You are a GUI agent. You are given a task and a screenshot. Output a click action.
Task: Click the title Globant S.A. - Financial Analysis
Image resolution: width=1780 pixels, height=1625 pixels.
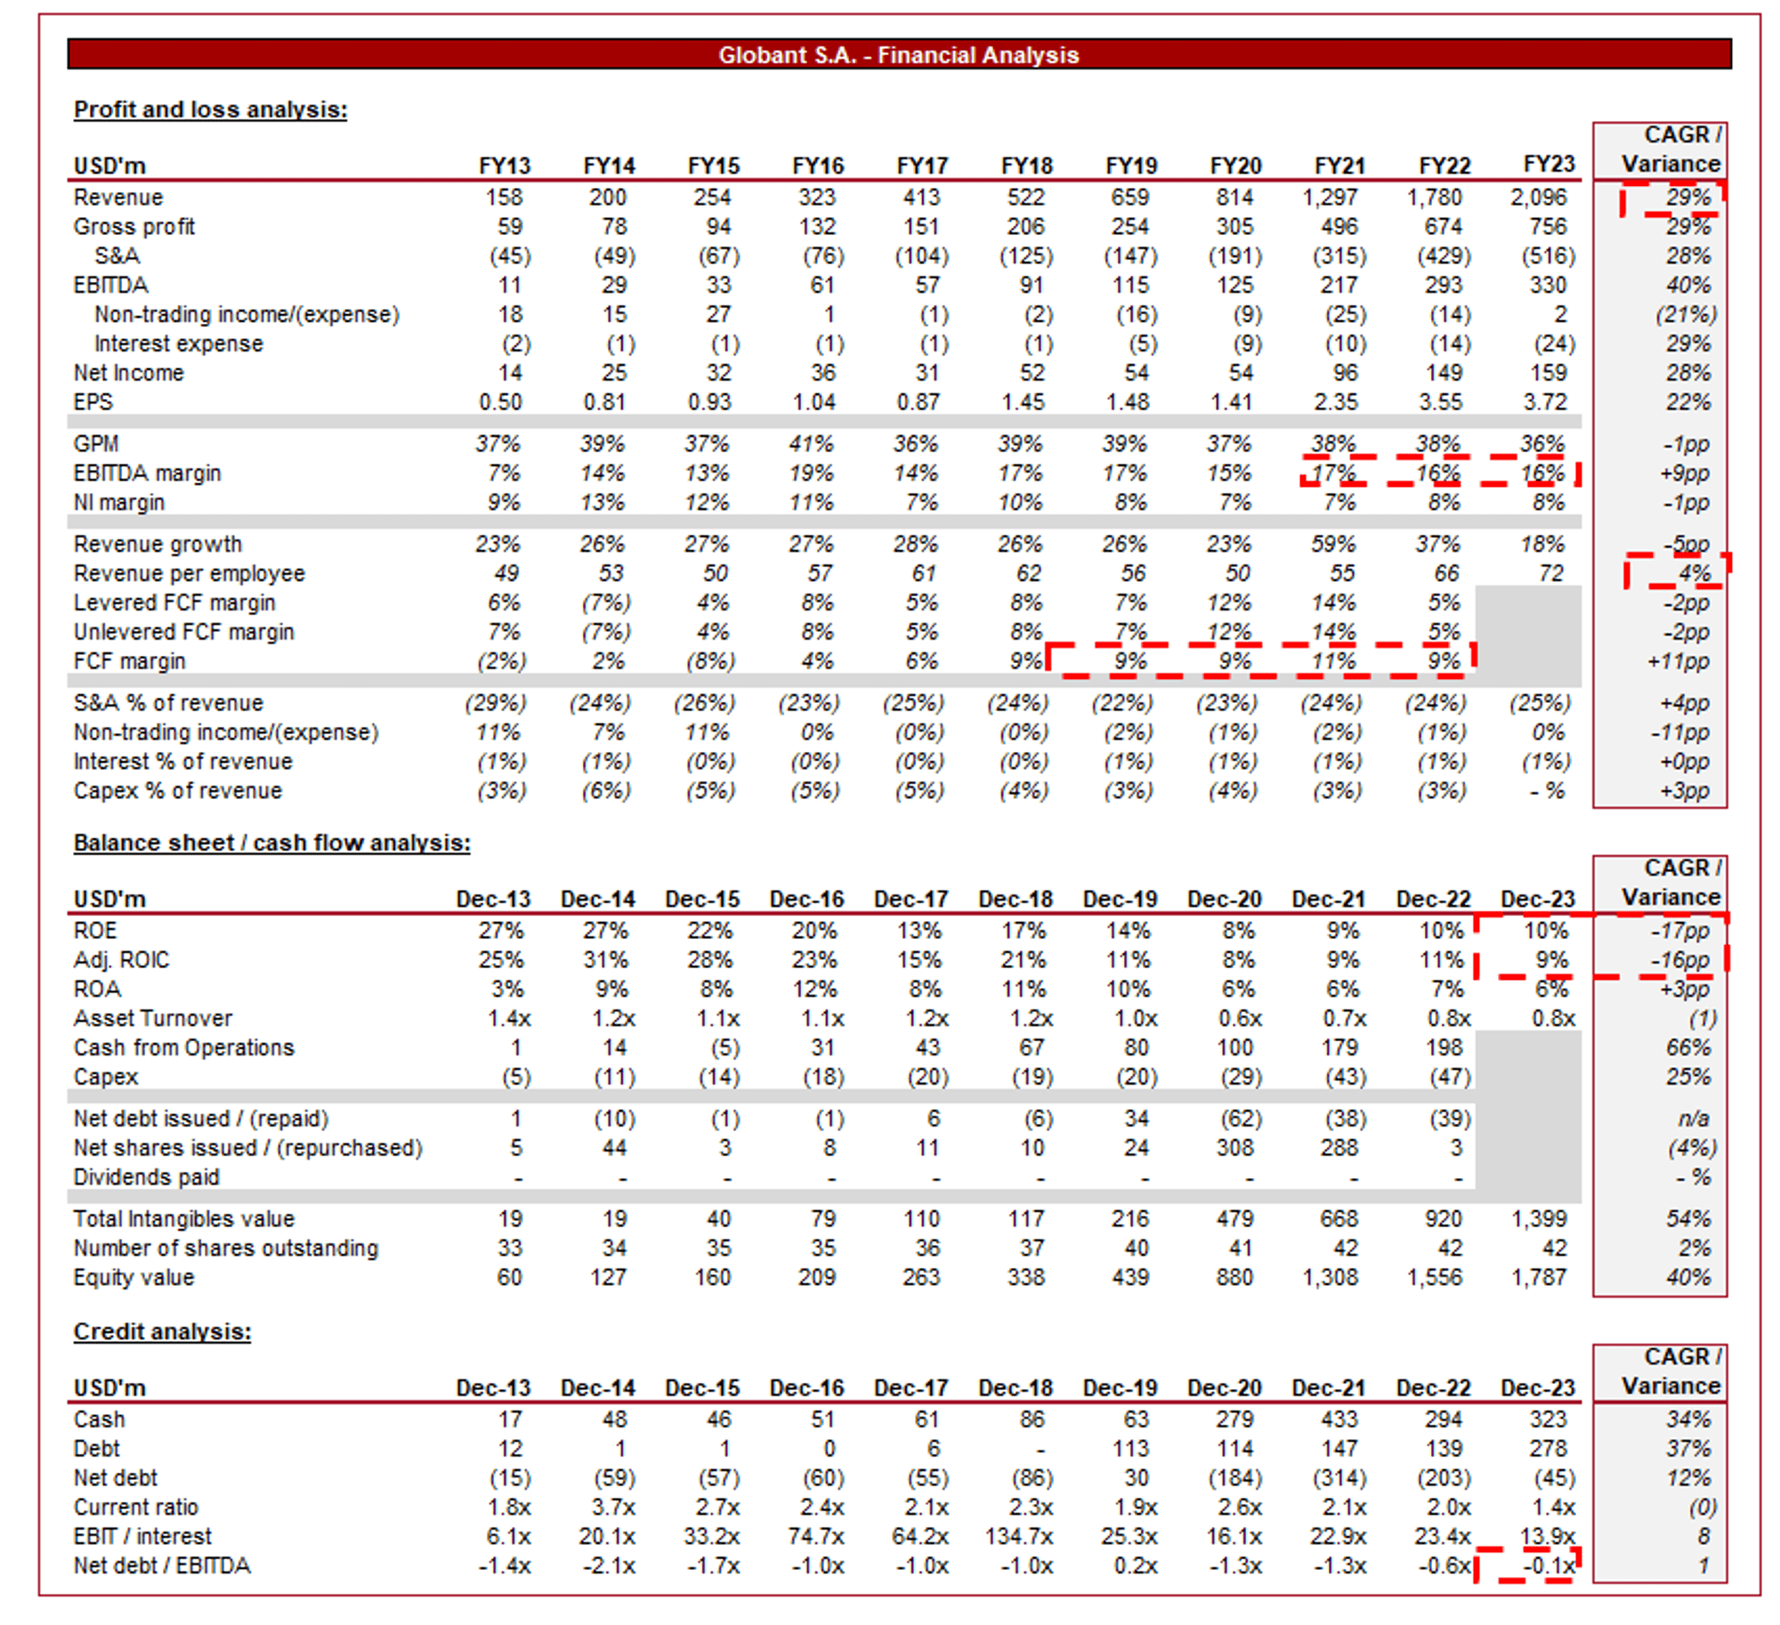click(898, 55)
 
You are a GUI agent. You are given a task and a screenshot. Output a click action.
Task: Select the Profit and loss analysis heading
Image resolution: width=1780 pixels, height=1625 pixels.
click(210, 109)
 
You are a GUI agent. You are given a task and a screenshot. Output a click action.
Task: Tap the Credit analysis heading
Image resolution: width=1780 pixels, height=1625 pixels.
click(162, 1331)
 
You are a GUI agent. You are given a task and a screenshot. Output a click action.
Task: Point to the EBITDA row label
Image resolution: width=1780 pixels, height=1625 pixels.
click(110, 285)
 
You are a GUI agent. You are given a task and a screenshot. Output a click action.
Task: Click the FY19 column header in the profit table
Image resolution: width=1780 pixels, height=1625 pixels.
click(1130, 166)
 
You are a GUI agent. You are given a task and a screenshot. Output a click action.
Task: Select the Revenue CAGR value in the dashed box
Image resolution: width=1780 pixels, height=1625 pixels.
click(1687, 197)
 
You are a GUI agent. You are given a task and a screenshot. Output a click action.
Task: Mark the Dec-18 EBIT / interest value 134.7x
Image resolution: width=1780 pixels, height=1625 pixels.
click(1019, 1536)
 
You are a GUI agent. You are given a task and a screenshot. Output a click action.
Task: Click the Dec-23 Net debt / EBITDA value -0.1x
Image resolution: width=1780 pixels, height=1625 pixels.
click(1549, 1565)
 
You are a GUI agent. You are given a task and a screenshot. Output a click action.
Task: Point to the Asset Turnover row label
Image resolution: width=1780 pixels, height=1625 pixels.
click(152, 1018)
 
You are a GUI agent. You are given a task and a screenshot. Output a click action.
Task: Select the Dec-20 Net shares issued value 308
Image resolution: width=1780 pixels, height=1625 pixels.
click(1234, 1148)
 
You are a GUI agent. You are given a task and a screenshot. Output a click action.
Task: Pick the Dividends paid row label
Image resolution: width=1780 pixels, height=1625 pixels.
click(146, 1177)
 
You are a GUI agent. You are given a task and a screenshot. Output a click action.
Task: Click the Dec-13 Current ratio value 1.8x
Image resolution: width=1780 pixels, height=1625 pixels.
click(510, 1507)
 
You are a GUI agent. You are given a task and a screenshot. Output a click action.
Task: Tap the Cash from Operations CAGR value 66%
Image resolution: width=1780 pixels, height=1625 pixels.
click(1687, 1047)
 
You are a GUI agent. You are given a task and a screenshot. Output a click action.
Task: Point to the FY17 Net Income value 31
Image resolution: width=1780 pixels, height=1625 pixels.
click(927, 373)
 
